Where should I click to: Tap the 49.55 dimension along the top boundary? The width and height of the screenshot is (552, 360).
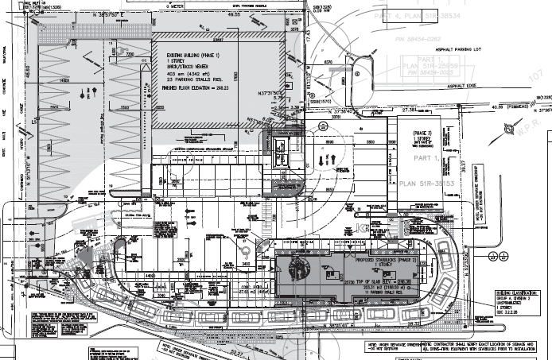click(x=234, y=14)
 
